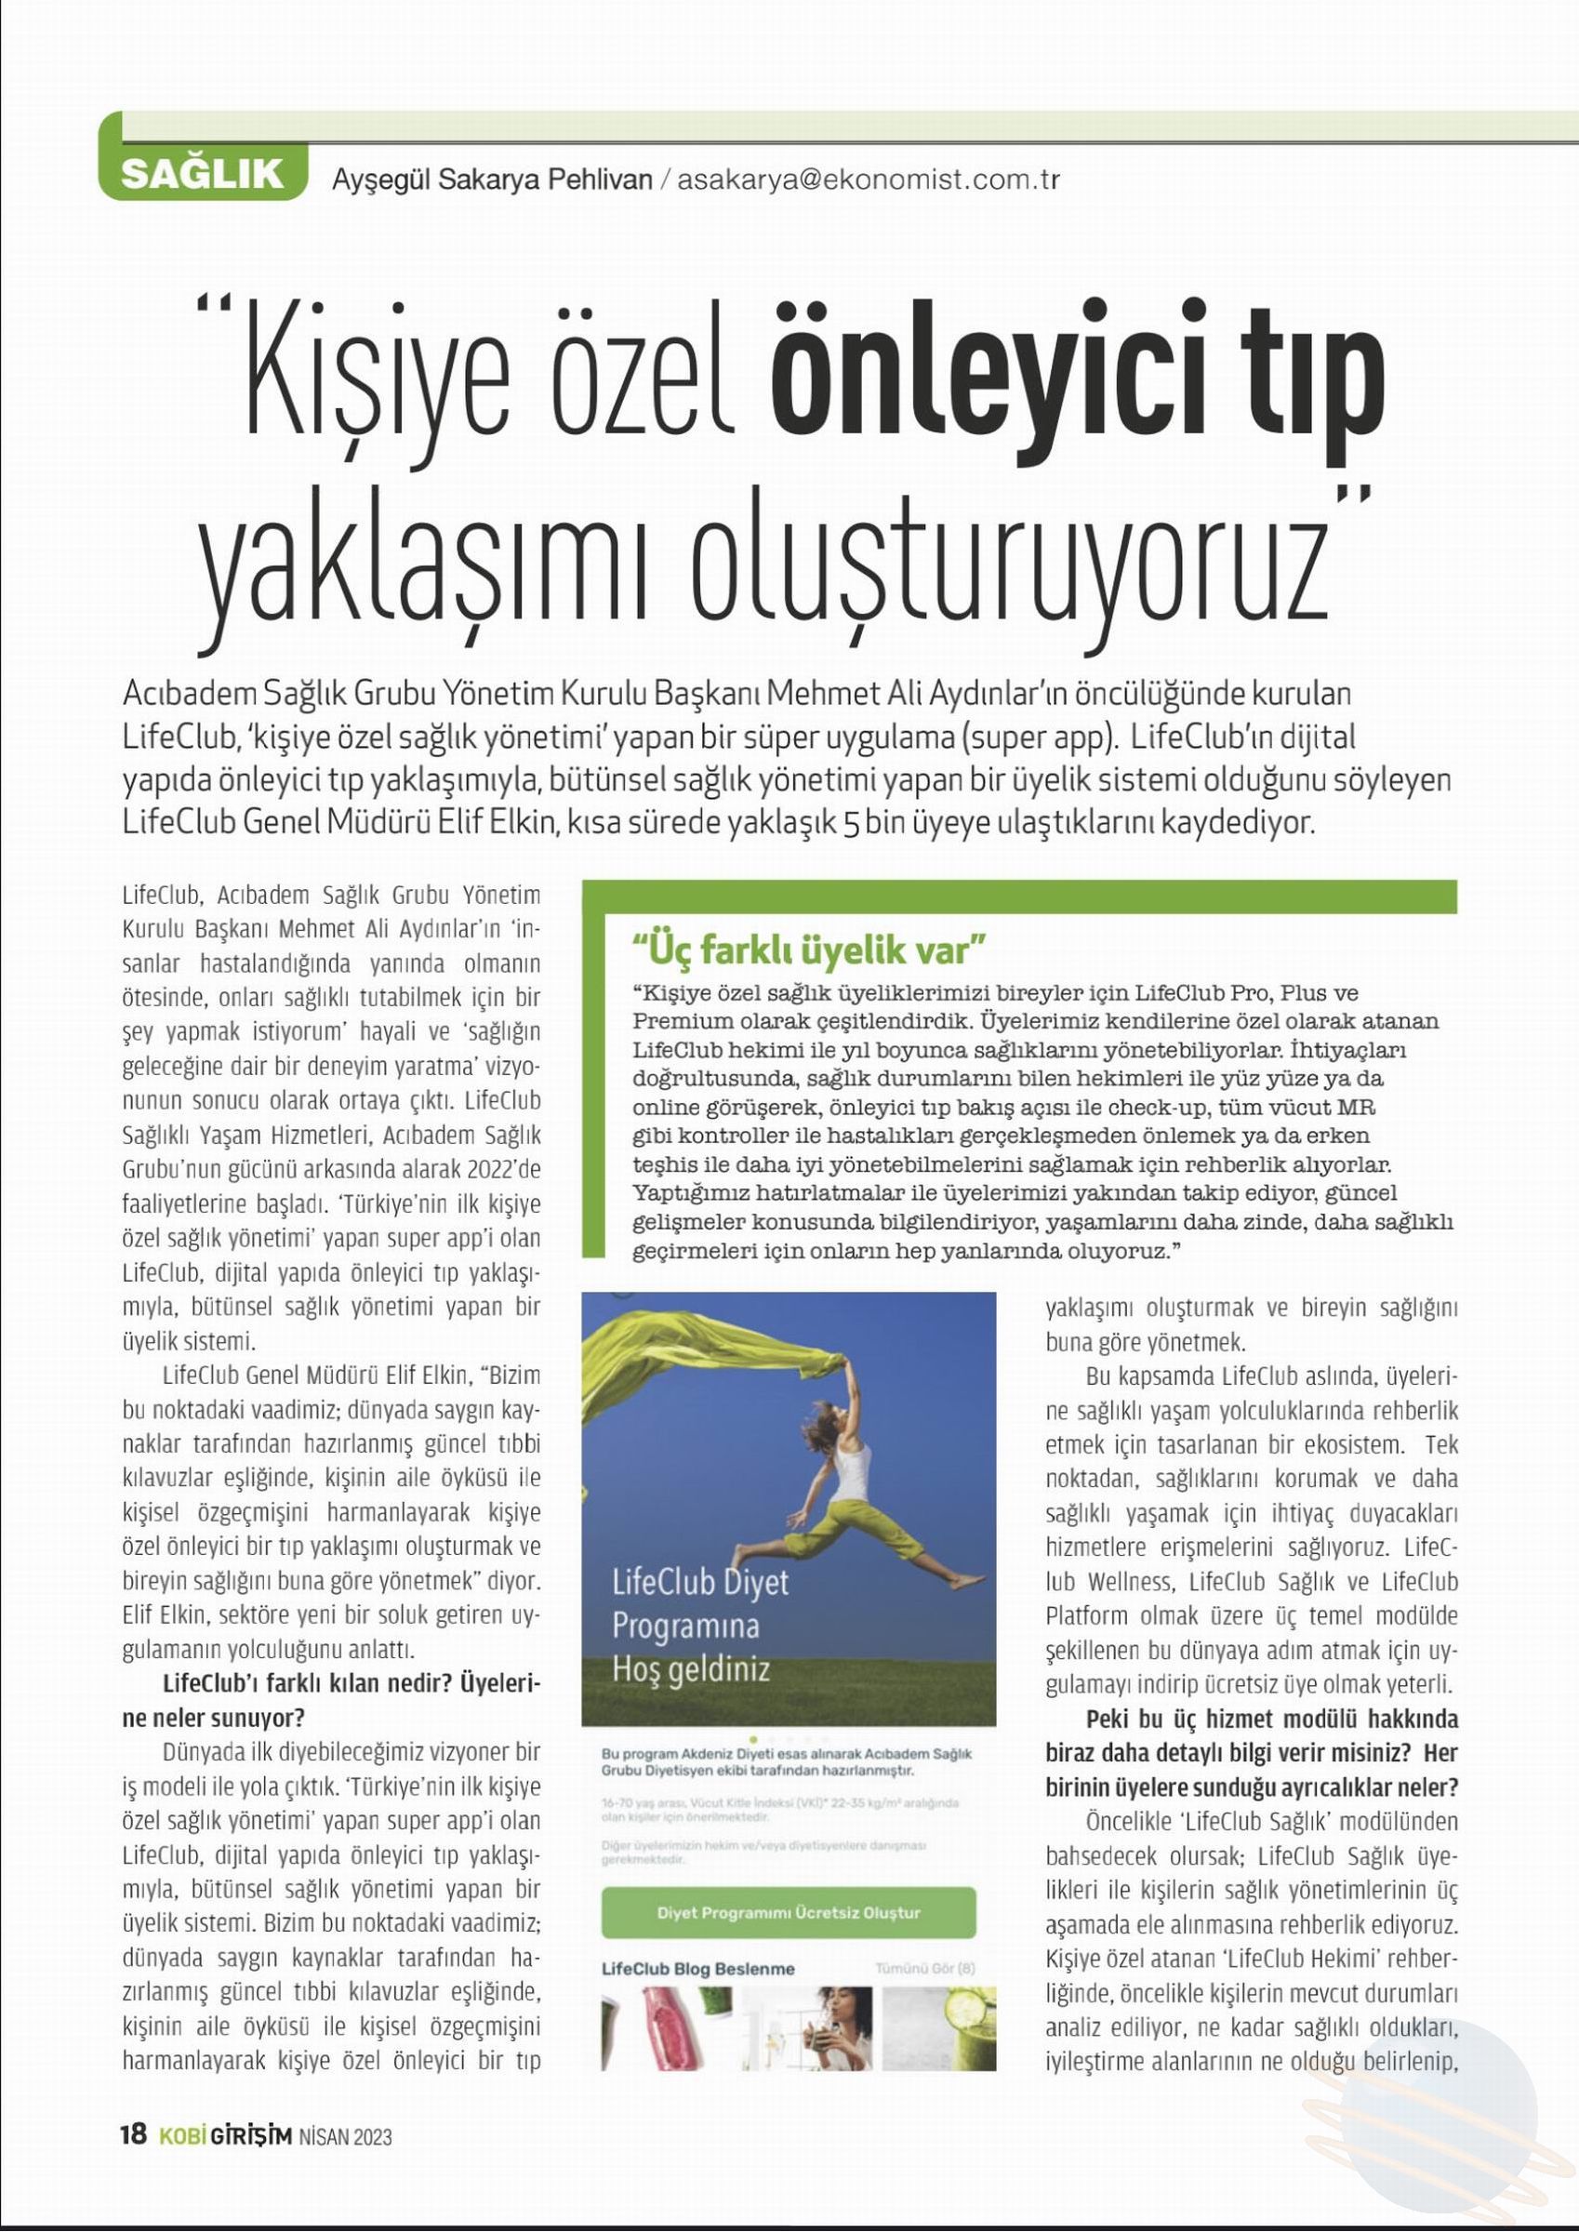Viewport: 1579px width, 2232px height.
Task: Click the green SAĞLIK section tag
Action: coord(202,175)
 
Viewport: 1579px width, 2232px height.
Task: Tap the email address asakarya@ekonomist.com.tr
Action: coord(868,179)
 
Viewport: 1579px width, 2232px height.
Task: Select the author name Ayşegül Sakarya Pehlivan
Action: coord(492,179)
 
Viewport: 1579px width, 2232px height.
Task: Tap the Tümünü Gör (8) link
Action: coord(924,1969)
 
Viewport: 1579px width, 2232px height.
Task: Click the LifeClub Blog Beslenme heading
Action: coord(698,1969)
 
